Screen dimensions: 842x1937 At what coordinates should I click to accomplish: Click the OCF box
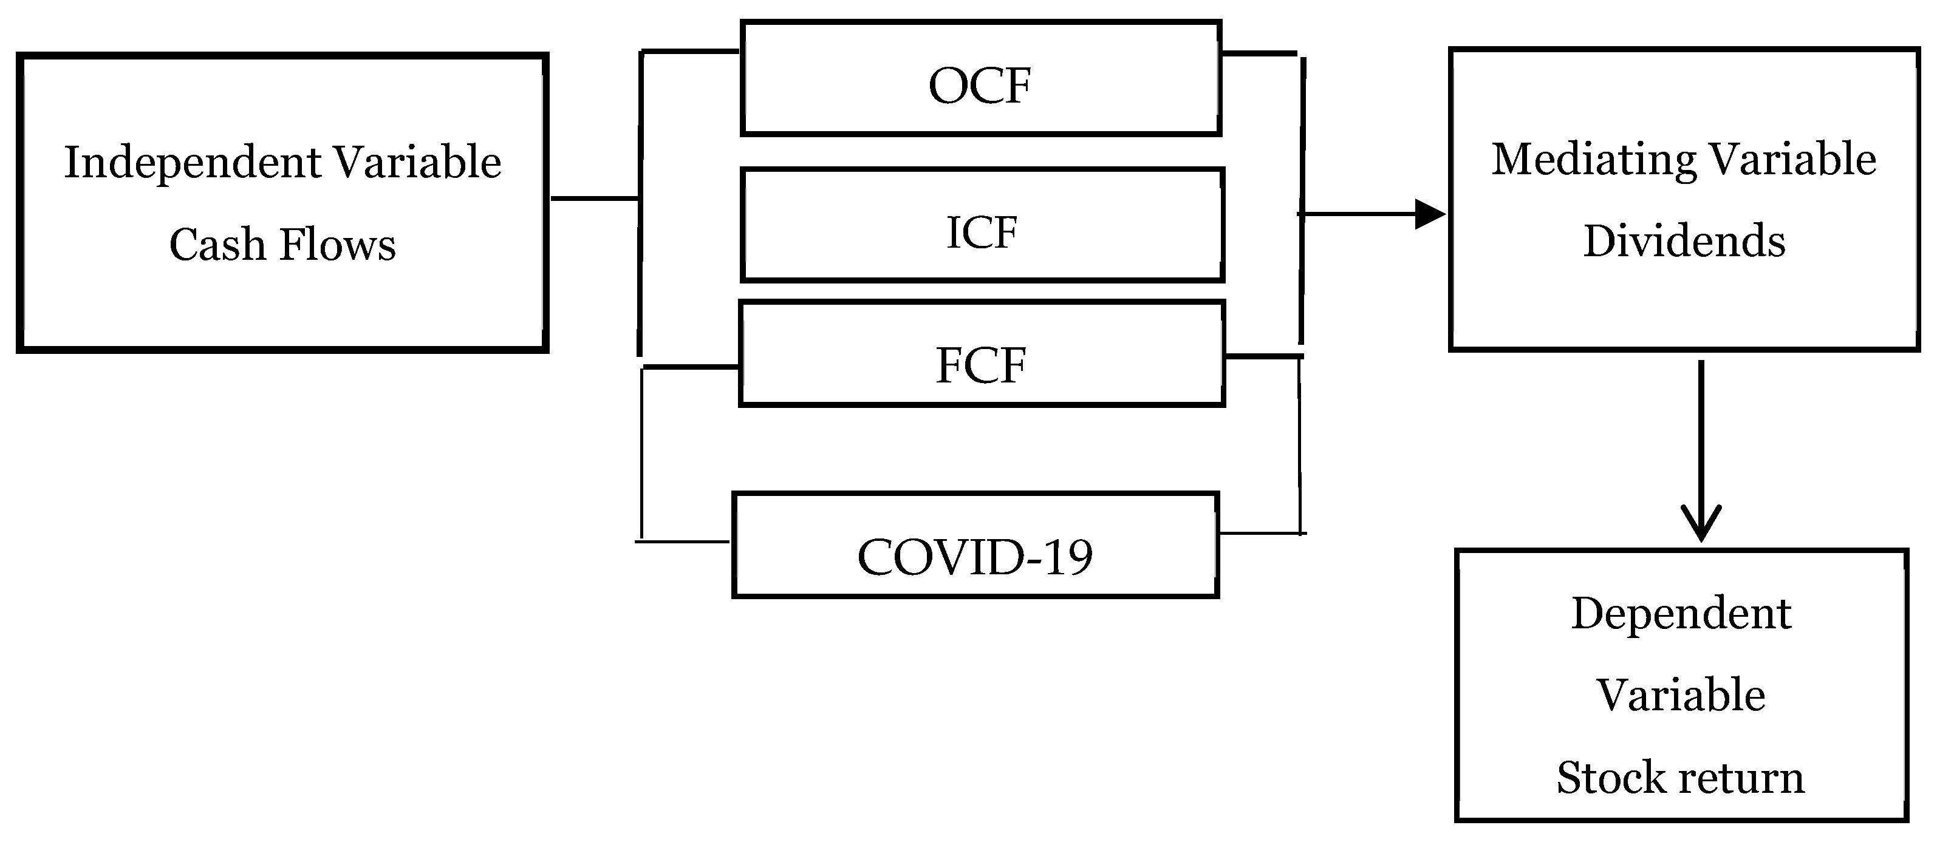point(980,78)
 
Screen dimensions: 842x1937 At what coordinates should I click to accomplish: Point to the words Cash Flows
point(282,245)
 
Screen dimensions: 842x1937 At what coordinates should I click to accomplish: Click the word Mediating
point(1593,161)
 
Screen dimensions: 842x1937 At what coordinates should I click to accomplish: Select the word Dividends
point(1684,242)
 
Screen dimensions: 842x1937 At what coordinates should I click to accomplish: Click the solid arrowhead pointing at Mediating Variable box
point(1429,214)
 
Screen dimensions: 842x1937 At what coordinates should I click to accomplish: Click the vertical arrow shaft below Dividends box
point(1701,436)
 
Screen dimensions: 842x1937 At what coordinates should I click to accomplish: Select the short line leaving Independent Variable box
point(594,199)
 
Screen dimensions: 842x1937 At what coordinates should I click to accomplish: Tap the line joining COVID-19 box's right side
point(1260,533)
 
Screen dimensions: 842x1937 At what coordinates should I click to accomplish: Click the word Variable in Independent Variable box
point(417,163)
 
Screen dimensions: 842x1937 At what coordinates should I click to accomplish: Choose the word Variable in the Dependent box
point(1681,696)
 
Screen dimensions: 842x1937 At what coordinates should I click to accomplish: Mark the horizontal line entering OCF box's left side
point(689,51)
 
